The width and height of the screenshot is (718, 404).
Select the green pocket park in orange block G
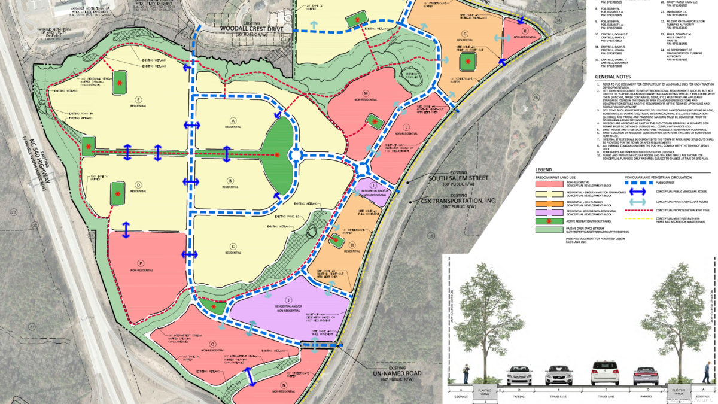click(x=470, y=61)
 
